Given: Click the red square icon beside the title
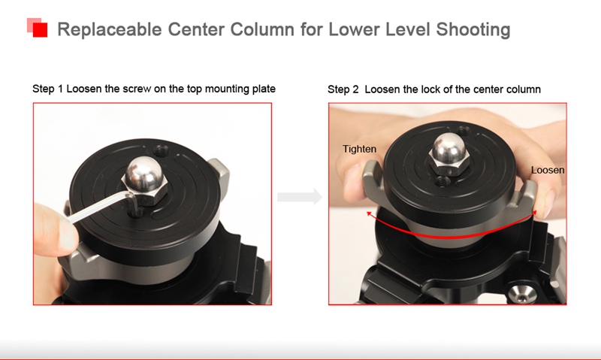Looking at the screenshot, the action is [x=37, y=28].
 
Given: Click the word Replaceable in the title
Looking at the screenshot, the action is [x=110, y=29].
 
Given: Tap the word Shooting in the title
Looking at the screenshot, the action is [x=473, y=29].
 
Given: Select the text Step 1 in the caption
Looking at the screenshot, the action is [x=47, y=89].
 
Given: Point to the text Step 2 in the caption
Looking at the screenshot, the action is [x=343, y=89].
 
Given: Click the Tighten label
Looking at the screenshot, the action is [x=359, y=149].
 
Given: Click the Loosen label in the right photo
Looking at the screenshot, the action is [x=548, y=170].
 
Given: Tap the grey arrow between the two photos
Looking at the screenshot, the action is [x=300, y=197].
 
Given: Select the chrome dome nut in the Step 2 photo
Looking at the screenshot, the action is [x=449, y=155].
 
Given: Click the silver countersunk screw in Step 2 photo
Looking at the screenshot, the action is [x=522, y=294].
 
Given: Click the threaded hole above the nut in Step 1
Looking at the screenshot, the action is [x=161, y=150].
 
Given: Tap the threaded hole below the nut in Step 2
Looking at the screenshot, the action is [x=443, y=181].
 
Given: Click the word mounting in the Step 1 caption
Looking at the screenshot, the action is [x=227, y=89].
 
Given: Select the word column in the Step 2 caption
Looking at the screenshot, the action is [x=524, y=89].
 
